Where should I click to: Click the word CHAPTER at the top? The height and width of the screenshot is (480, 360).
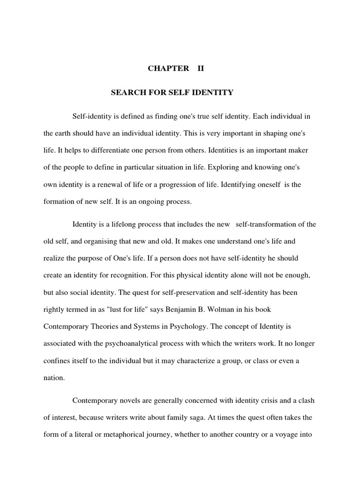168,68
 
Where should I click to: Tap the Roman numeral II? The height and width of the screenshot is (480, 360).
201,68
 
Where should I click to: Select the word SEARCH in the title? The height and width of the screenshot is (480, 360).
125,92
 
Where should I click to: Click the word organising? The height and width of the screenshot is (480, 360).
98,241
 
